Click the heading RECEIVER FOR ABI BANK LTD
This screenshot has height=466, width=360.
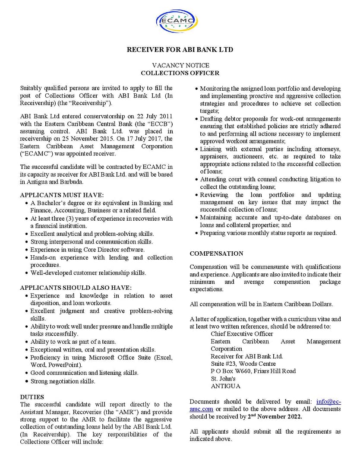coord(180,50)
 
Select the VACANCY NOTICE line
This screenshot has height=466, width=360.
coord(180,65)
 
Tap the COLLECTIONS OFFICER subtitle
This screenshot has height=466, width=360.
coord(180,73)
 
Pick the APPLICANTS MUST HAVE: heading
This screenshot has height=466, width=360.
coord(62,195)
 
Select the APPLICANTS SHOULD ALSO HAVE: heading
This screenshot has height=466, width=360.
coord(76,288)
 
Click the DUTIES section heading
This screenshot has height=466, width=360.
coord(32,396)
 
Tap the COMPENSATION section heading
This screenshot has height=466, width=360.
coord(216,254)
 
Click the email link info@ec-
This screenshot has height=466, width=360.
coord(328,401)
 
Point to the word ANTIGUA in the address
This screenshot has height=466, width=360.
coord(225,386)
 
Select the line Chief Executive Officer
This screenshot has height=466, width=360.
coord(242,334)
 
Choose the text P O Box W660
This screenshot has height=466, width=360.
coord(231,371)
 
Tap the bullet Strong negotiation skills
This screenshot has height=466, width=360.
coord(63,381)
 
